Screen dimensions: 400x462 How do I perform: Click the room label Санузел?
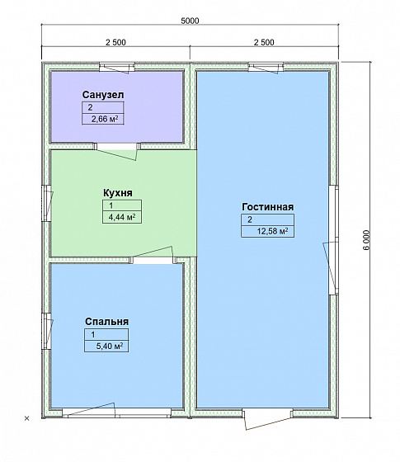[x=103, y=95]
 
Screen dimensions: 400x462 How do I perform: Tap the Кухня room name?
[x=117, y=193]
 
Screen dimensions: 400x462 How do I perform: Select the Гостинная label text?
[x=267, y=207]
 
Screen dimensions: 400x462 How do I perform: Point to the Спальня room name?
[x=106, y=322]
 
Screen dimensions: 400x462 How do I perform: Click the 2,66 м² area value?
[x=105, y=119]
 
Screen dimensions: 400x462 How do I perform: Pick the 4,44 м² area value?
[x=122, y=217]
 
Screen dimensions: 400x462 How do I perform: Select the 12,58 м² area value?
[x=272, y=231]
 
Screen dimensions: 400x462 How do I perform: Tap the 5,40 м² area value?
[x=110, y=346]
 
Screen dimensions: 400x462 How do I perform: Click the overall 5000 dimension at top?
[x=190, y=21]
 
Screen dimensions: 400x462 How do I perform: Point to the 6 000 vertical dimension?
[x=366, y=239]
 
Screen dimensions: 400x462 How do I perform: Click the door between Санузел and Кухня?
[x=117, y=150]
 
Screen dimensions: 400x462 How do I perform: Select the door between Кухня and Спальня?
[x=153, y=256]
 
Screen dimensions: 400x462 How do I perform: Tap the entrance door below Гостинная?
[x=268, y=418]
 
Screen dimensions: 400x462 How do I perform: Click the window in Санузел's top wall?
[x=117, y=68]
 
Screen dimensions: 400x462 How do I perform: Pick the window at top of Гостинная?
[x=266, y=68]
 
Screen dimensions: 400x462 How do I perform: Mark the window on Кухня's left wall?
[x=47, y=203]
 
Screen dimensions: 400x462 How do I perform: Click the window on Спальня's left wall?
[x=47, y=331]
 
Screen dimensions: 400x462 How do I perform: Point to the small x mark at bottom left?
[x=26, y=418]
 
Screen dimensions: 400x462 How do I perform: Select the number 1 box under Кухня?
[x=122, y=205]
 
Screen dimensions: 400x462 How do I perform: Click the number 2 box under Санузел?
[x=103, y=107]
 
